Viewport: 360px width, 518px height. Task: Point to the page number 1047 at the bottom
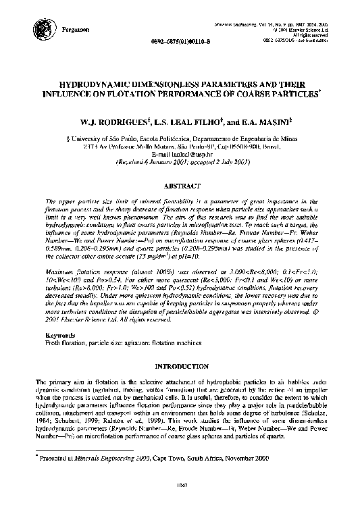point(179,502)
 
